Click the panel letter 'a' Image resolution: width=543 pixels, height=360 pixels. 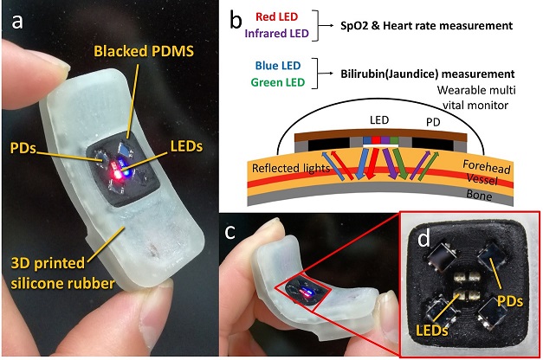18,22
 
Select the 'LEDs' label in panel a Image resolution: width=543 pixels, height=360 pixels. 186,146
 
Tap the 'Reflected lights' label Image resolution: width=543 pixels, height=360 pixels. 287,171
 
